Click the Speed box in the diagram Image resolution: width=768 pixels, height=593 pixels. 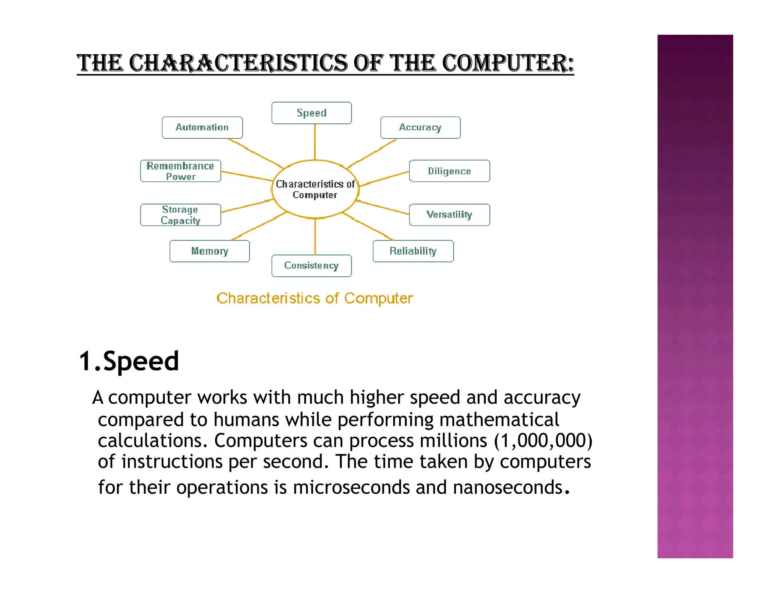[311, 113]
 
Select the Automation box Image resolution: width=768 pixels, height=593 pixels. [202, 127]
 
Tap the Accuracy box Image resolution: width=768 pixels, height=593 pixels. [420, 127]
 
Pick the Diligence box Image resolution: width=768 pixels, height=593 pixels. [449, 171]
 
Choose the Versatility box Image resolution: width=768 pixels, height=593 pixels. [449, 214]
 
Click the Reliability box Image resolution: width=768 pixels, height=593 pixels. [413, 251]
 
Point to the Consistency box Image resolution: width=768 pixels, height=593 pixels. [311, 265]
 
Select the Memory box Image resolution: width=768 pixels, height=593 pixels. [209, 251]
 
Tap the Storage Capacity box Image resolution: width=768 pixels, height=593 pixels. [180, 215]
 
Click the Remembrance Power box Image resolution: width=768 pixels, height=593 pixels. [180, 171]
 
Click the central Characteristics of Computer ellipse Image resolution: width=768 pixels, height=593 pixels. [315, 189]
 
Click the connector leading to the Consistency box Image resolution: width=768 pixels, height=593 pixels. [315, 237]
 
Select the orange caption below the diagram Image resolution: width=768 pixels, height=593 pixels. [315, 298]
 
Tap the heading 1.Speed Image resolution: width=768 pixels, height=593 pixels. [129, 361]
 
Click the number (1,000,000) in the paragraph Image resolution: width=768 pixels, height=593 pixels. [543, 440]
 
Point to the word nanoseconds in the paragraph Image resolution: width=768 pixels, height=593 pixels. [508, 487]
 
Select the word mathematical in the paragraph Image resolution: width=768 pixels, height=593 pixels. [499, 419]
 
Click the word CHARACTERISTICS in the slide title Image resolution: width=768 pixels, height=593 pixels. [238, 63]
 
